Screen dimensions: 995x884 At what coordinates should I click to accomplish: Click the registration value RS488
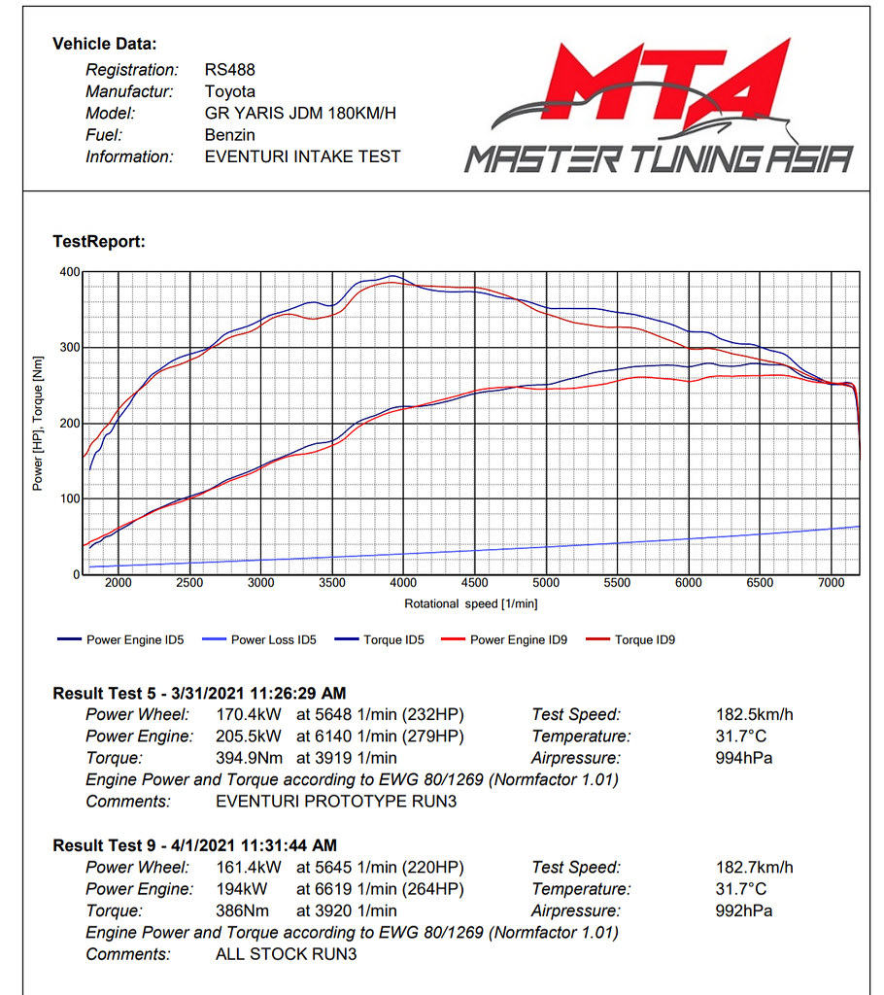coord(229,70)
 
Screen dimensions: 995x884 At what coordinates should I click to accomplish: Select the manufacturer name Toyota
coord(230,91)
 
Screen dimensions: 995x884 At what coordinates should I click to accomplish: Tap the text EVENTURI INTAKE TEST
coord(302,156)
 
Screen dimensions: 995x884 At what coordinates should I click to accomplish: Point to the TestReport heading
coord(99,242)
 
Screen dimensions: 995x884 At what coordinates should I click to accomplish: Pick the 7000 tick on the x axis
coord(831,583)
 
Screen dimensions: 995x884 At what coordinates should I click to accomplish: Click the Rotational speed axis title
coord(471,604)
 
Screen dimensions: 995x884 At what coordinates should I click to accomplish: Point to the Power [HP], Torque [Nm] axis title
coord(38,424)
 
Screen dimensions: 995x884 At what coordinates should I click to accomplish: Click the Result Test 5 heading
coord(199,693)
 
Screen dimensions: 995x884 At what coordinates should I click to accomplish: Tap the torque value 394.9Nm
coord(248,758)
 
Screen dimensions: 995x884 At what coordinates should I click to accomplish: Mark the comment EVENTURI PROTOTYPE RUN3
coord(335,802)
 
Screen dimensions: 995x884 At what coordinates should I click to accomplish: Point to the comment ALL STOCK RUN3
coord(286,954)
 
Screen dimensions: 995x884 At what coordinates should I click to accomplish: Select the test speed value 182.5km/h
coord(755,714)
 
